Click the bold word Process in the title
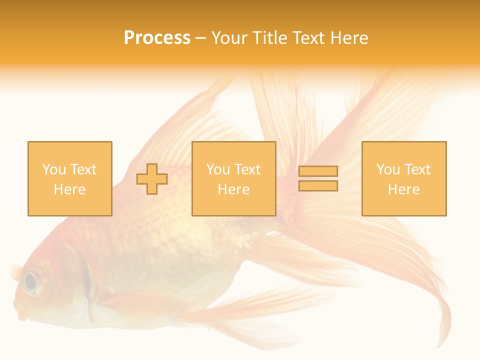tap(157, 38)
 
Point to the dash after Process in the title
tap(200, 38)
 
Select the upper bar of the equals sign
tap(318, 171)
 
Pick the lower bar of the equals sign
tap(318, 186)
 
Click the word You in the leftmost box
tap(53, 169)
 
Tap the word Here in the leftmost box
tap(69, 189)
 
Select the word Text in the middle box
tap(247, 169)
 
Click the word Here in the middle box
tap(233, 189)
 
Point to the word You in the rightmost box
tap(387, 169)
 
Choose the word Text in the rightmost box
tap(417, 169)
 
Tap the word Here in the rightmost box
tap(403, 189)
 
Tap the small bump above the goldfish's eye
tap(15, 272)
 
